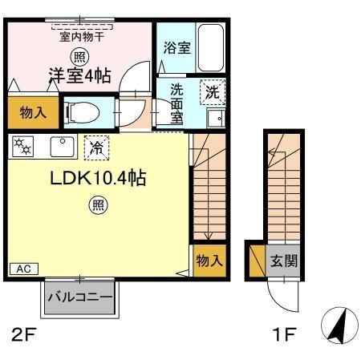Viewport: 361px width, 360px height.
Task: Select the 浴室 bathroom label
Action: (x=177, y=48)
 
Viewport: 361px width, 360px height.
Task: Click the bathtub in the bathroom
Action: (x=210, y=47)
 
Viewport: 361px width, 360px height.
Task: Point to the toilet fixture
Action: (x=83, y=112)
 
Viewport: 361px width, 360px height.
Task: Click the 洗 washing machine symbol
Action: (x=213, y=92)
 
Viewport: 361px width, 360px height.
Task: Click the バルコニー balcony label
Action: (x=79, y=298)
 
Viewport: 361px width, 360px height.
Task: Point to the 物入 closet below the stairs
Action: (x=209, y=260)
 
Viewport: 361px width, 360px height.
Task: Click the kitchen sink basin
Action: (x=60, y=146)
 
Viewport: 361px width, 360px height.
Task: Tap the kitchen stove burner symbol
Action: (x=22, y=146)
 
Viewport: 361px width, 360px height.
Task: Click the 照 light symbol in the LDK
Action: (x=97, y=206)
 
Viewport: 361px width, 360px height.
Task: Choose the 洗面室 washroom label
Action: (x=176, y=103)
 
